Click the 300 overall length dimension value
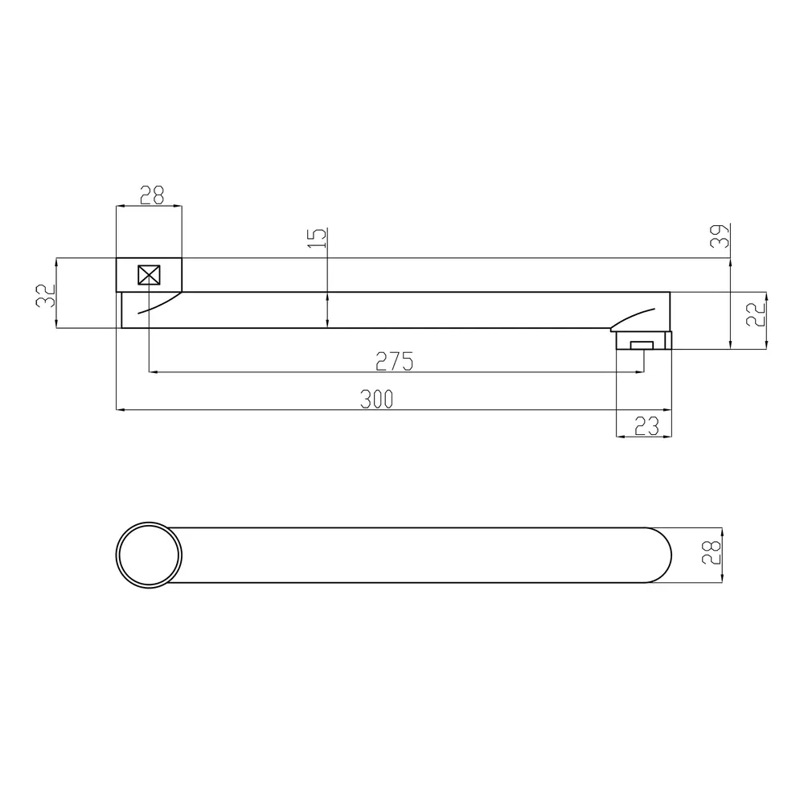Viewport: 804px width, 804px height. pos(376,400)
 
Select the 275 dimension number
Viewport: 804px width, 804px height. pos(394,362)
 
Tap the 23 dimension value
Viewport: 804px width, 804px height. pos(646,426)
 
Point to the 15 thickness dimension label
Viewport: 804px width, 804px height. pos(318,238)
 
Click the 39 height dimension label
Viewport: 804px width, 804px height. pos(720,236)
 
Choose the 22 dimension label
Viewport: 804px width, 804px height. pos(755,314)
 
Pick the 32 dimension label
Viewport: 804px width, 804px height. pos(45,296)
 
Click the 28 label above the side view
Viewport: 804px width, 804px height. pos(152,195)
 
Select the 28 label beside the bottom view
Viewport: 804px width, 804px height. pos(711,553)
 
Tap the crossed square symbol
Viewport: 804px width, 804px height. pos(150,275)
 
